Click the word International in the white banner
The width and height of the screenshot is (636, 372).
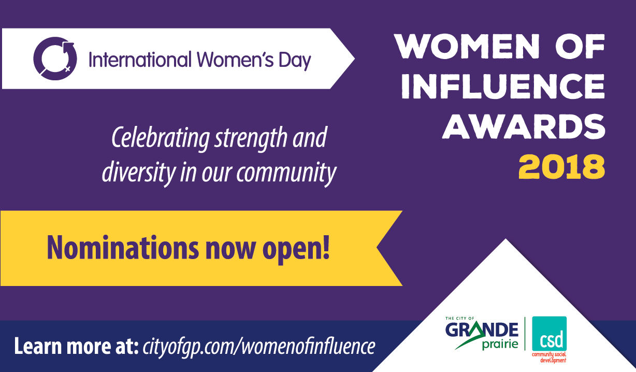[x=140, y=60]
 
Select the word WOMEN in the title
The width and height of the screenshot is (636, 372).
[x=467, y=46]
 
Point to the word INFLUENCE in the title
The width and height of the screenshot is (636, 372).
[x=503, y=86]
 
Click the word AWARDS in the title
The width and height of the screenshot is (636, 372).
[x=524, y=126]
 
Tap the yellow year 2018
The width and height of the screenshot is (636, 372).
[x=561, y=167]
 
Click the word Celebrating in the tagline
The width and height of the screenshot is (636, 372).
[x=161, y=138]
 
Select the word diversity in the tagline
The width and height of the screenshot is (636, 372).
[x=139, y=173]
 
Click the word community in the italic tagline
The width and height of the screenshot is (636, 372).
[x=286, y=173]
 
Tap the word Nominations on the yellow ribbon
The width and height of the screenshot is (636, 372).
[x=123, y=248]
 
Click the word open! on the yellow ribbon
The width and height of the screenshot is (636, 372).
[x=296, y=249]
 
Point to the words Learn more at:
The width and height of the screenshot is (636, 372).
[x=76, y=346]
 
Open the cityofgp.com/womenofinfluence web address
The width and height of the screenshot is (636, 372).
[x=258, y=347]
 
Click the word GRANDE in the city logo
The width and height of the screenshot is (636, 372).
[x=482, y=330]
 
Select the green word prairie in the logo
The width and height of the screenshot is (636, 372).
[x=500, y=345]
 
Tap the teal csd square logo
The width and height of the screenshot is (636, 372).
[x=550, y=334]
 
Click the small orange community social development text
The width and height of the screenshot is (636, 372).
[x=549, y=357]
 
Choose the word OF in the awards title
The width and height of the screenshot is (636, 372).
[x=580, y=46]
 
